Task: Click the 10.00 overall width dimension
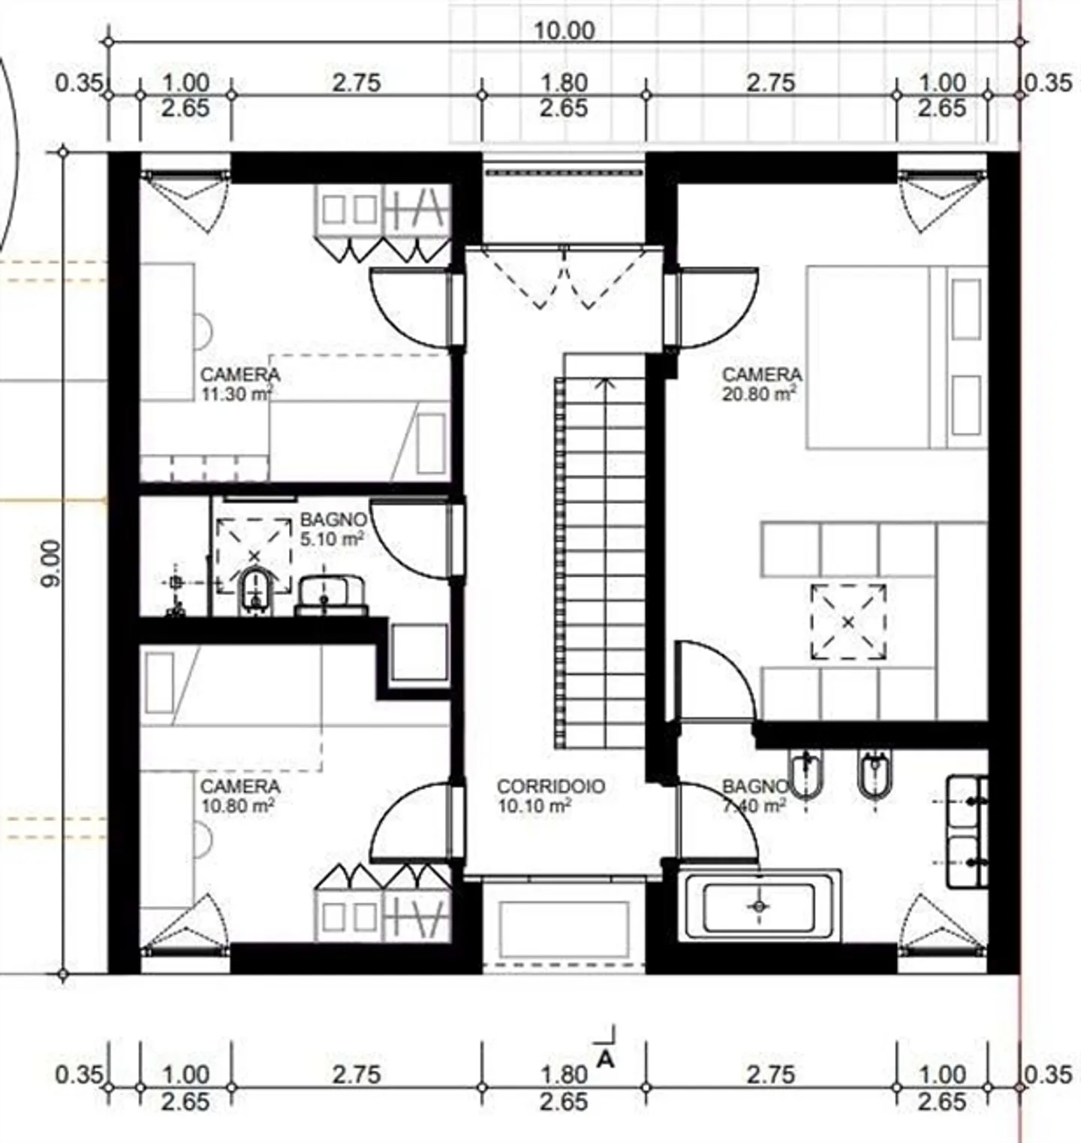click(x=564, y=30)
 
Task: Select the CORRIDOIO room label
click(x=550, y=787)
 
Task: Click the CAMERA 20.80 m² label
click(x=761, y=384)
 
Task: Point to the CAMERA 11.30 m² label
click(x=239, y=384)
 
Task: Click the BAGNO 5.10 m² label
click(x=333, y=529)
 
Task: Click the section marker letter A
click(x=605, y=1059)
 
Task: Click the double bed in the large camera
click(x=896, y=357)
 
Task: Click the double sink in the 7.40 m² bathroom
click(x=967, y=831)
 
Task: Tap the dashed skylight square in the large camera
click(x=848, y=622)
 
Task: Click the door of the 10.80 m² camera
click(x=409, y=822)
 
